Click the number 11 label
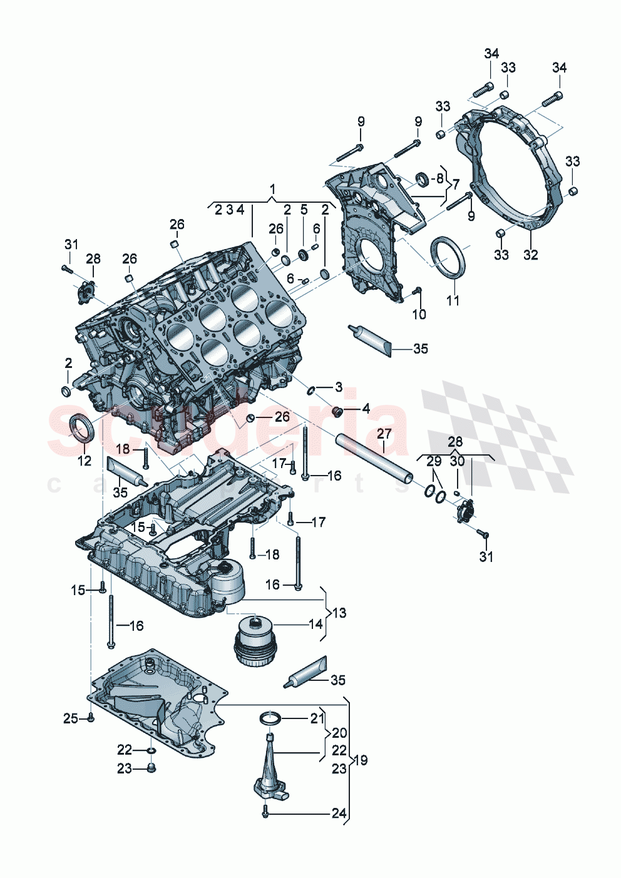tap(453, 300)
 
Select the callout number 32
tap(531, 255)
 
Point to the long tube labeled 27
tap(374, 458)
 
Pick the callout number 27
tap(384, 434)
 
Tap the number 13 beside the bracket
tap(339, 613)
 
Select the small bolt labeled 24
tap(266, 813)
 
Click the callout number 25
tap(70, 718)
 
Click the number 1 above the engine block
tap(272, 188)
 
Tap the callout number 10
tap(419, 314)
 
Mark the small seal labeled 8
tap(423, 180)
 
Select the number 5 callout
tap(304, 210)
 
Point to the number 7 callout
tap(456, 185)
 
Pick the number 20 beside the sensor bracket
tap(339, 733)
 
